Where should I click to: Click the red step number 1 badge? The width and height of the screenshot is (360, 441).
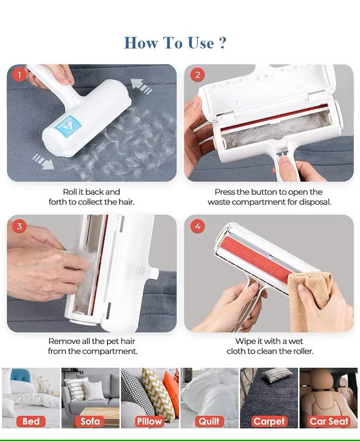(19, 74)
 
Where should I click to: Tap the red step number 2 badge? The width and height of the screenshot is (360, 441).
(197, 74)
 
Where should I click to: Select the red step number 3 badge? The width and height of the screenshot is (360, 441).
(19, 226)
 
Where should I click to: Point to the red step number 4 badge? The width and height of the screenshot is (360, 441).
(198, 226)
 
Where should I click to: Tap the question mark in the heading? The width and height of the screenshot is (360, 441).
(222, 43)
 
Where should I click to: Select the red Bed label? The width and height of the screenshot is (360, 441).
(31, 421)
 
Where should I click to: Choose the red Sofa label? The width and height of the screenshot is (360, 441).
(90, 421)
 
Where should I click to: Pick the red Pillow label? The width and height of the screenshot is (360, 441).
(149, 421)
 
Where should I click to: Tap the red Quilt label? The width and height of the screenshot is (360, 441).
(209, 421)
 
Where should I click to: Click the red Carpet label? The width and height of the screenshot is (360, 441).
(269, 421)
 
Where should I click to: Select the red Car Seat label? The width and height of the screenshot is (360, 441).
(329, 421)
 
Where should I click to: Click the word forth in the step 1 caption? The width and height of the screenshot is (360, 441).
(58, 202)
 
